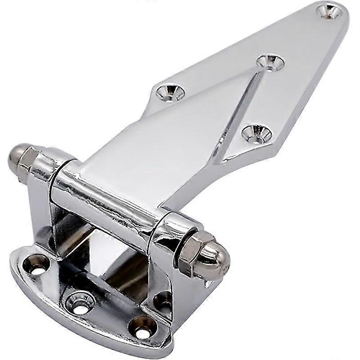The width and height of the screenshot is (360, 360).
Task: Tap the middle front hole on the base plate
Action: pos(80,302)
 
